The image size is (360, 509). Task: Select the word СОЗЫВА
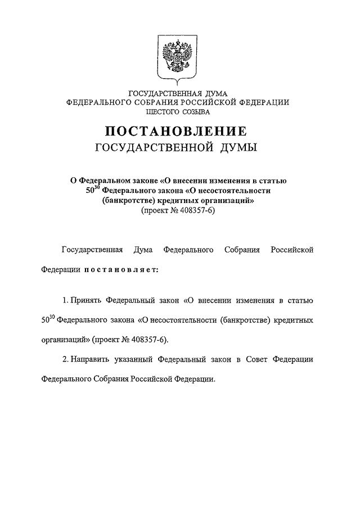196,112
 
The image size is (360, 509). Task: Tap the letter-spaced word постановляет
121,269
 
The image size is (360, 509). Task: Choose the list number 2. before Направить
65,358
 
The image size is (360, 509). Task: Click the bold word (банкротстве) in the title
129,200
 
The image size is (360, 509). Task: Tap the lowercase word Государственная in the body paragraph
91,249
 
